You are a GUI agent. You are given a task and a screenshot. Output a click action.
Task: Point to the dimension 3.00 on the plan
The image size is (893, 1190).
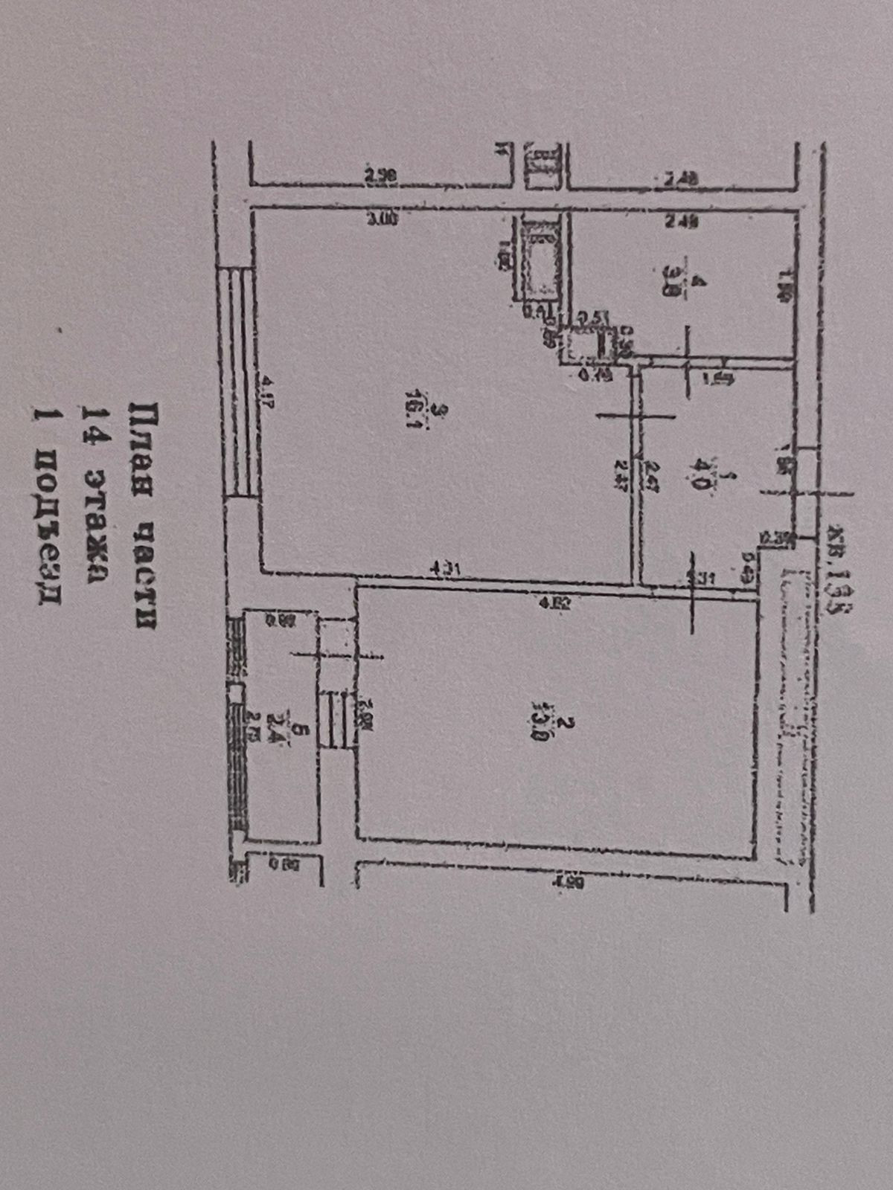click(383, 219)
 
